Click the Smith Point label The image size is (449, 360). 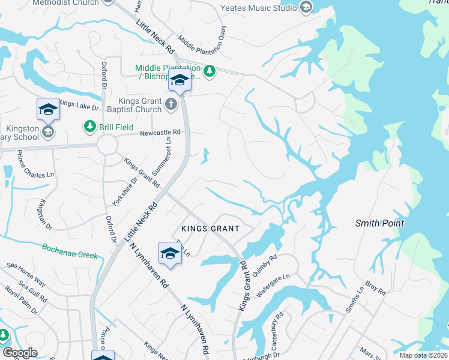coord(379,223)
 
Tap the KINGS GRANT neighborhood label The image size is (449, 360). coord(210,229)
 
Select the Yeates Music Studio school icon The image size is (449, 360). coord(306,8)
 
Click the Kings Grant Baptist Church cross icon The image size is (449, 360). coord(171,105)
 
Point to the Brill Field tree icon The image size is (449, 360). coord(89,126)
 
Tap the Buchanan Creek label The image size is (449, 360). coord(70,251)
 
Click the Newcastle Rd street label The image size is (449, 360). coord(160,132)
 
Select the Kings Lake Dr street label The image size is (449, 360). coord(79,105)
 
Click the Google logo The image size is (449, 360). coord(20,353)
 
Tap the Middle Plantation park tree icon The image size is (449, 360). coord(209,72)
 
